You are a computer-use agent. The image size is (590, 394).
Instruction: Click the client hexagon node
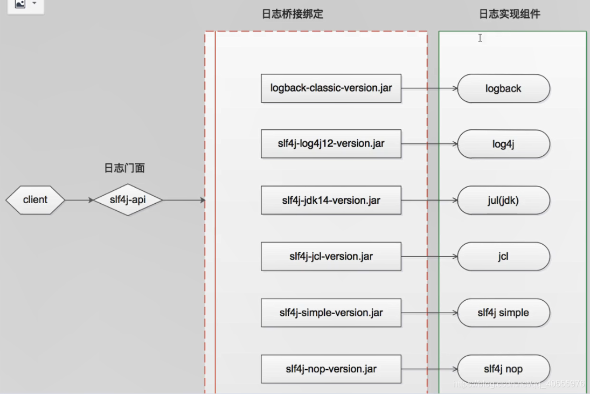click(35, 200)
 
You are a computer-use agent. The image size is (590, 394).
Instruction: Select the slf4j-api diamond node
click(128, 200)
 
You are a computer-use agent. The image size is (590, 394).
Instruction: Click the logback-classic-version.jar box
click(331, 88)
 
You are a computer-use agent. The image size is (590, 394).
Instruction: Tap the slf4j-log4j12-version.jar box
click(331, 144)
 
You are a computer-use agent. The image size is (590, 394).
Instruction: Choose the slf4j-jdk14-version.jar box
click(331, 200)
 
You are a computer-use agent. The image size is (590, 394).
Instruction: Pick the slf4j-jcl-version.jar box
click(331, 256)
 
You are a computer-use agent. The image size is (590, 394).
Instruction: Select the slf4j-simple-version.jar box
click(331, 313)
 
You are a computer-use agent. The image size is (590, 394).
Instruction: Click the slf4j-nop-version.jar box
click(331, 369)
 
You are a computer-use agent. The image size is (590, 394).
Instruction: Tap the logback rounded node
click(503, 88)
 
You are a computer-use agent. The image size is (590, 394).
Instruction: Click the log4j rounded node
click(503, 144)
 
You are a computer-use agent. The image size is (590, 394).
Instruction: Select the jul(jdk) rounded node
click(503, 201)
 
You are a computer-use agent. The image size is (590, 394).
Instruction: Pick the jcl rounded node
click(503, 257)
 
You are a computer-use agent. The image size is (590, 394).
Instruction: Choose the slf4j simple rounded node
click(503, 313)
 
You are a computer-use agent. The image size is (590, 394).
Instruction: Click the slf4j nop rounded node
click(503, 369)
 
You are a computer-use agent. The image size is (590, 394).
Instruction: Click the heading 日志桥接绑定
click(292, 15)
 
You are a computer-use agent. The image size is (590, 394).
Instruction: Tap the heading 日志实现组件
click(509, 15)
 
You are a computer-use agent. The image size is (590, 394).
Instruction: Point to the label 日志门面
click(124, 168)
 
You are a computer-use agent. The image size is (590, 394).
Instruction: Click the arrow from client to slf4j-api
click(79, 200)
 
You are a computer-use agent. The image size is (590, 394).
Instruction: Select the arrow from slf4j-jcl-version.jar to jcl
click(429, 257)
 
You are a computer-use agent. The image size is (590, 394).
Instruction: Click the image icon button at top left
click(20, 4)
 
